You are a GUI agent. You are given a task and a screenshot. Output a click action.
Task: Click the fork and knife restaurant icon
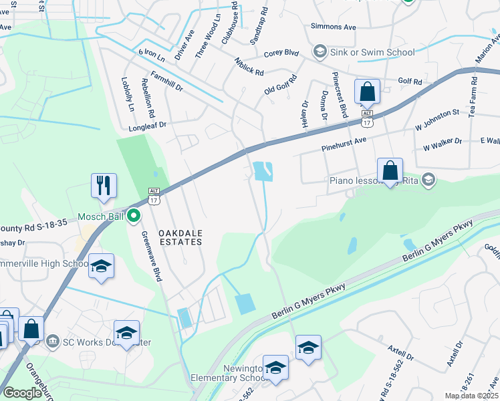[x=104, y=185]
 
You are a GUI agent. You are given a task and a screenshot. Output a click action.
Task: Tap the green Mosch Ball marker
[x=133, y=216]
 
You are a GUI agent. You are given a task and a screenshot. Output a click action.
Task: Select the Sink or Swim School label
[x=372, y=52]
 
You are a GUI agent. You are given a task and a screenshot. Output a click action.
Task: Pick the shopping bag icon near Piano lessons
[x=390, y=170]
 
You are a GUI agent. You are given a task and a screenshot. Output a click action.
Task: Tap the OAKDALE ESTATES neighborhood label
[x=180, y=237]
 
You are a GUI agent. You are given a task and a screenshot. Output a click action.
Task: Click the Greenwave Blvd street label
[x=150, y=256]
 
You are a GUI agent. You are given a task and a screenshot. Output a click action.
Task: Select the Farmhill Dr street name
[x=166, y=82]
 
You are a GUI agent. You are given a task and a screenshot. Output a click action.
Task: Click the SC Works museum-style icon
[x=52, y=342]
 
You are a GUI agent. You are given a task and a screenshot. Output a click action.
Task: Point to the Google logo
[x=23, y=393]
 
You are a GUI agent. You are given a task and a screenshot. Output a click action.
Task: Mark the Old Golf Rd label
[x=279, y=89]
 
